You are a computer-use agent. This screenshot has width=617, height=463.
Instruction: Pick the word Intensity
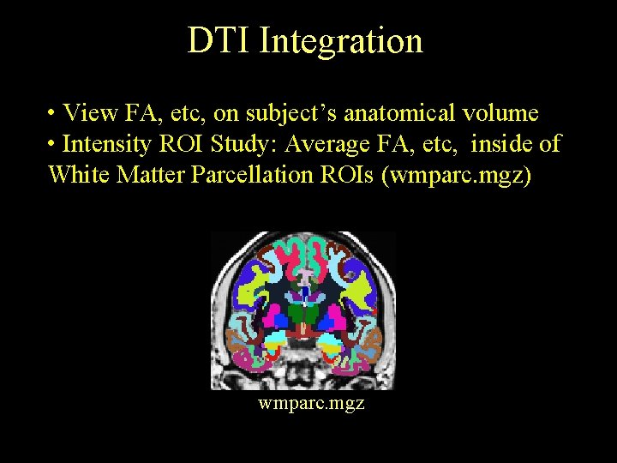108,144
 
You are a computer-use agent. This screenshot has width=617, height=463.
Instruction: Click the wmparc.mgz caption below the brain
311,402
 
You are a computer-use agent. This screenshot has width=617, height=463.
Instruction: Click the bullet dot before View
53,113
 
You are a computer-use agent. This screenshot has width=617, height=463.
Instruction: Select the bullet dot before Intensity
53,144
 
